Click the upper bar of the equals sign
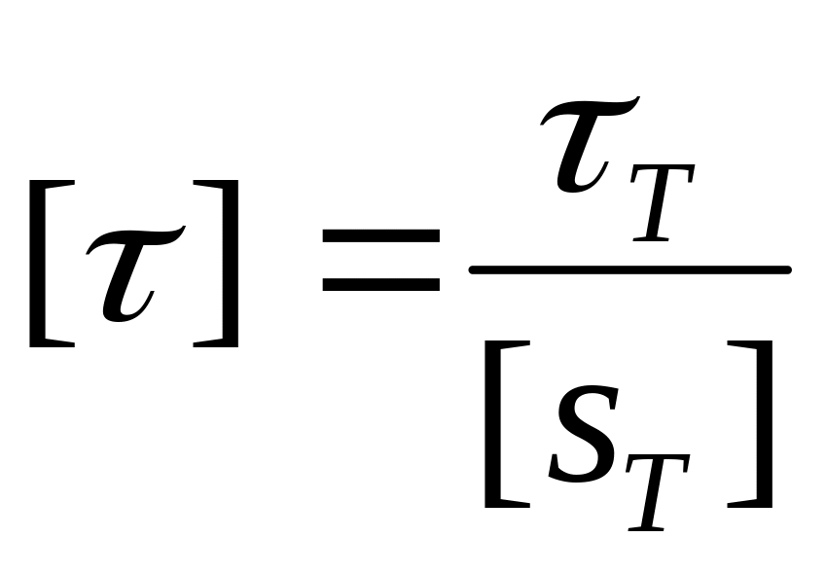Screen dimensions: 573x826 380,235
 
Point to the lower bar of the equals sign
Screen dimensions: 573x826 380,285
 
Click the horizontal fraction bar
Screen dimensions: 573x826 628,269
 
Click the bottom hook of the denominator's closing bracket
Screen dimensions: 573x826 745,505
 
